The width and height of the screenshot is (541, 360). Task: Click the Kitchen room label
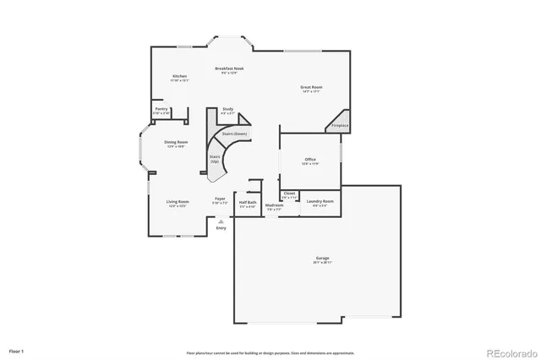(x=179, y=76)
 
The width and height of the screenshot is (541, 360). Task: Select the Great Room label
(x=312, y=87)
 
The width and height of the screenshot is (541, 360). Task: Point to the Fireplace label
(x=339, y=125)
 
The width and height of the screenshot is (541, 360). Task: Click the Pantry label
(x=161, y=110)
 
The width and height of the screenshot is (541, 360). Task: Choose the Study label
(x=227, y=109)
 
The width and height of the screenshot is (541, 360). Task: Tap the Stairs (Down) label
(x=234, y=134)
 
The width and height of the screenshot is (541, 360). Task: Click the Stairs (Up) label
(x=216, y=159)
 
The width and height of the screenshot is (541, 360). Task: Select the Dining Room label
(x=176, y=142)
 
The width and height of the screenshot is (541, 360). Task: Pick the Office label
(x=310, y=159)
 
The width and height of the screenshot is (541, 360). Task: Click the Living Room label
(x=178, y=201)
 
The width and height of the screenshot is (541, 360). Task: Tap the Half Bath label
(x=248, y=203)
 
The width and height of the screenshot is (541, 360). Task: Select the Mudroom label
(x=275, y=205)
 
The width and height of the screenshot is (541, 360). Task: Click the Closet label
(x=289, y=194)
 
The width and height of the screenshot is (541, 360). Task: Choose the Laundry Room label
(x=320, y=201)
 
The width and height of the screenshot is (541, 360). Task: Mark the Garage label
(x=321, y=259)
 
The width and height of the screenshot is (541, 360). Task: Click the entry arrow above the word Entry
(x=221, y=221)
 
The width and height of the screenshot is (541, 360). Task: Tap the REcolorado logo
(x=507, y=352)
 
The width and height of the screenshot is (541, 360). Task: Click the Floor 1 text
(x=17, y=350)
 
